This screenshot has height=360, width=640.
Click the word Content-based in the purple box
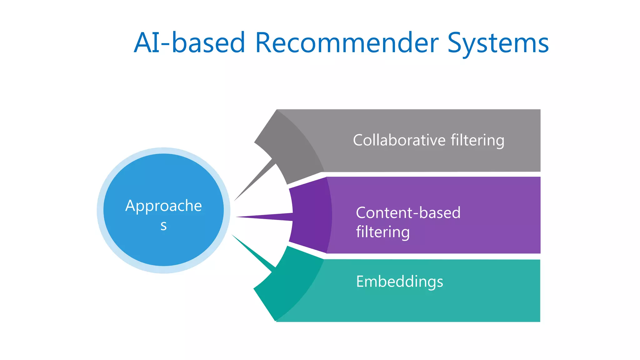(x=408, y=213)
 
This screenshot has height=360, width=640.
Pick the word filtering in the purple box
(x=382, y=232)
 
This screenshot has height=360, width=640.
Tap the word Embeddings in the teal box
(x=399, y=282)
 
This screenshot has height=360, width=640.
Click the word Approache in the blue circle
(x=163, y=206)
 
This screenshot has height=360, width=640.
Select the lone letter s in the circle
(x=163, y=225)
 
